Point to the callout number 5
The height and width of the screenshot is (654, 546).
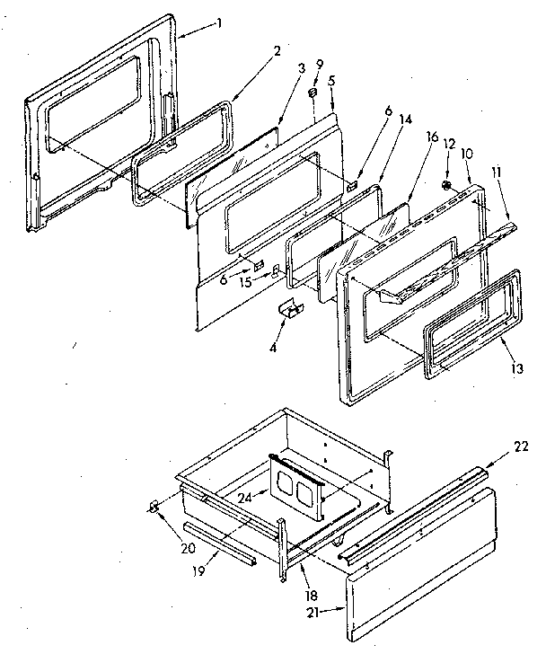click(331, 80)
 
